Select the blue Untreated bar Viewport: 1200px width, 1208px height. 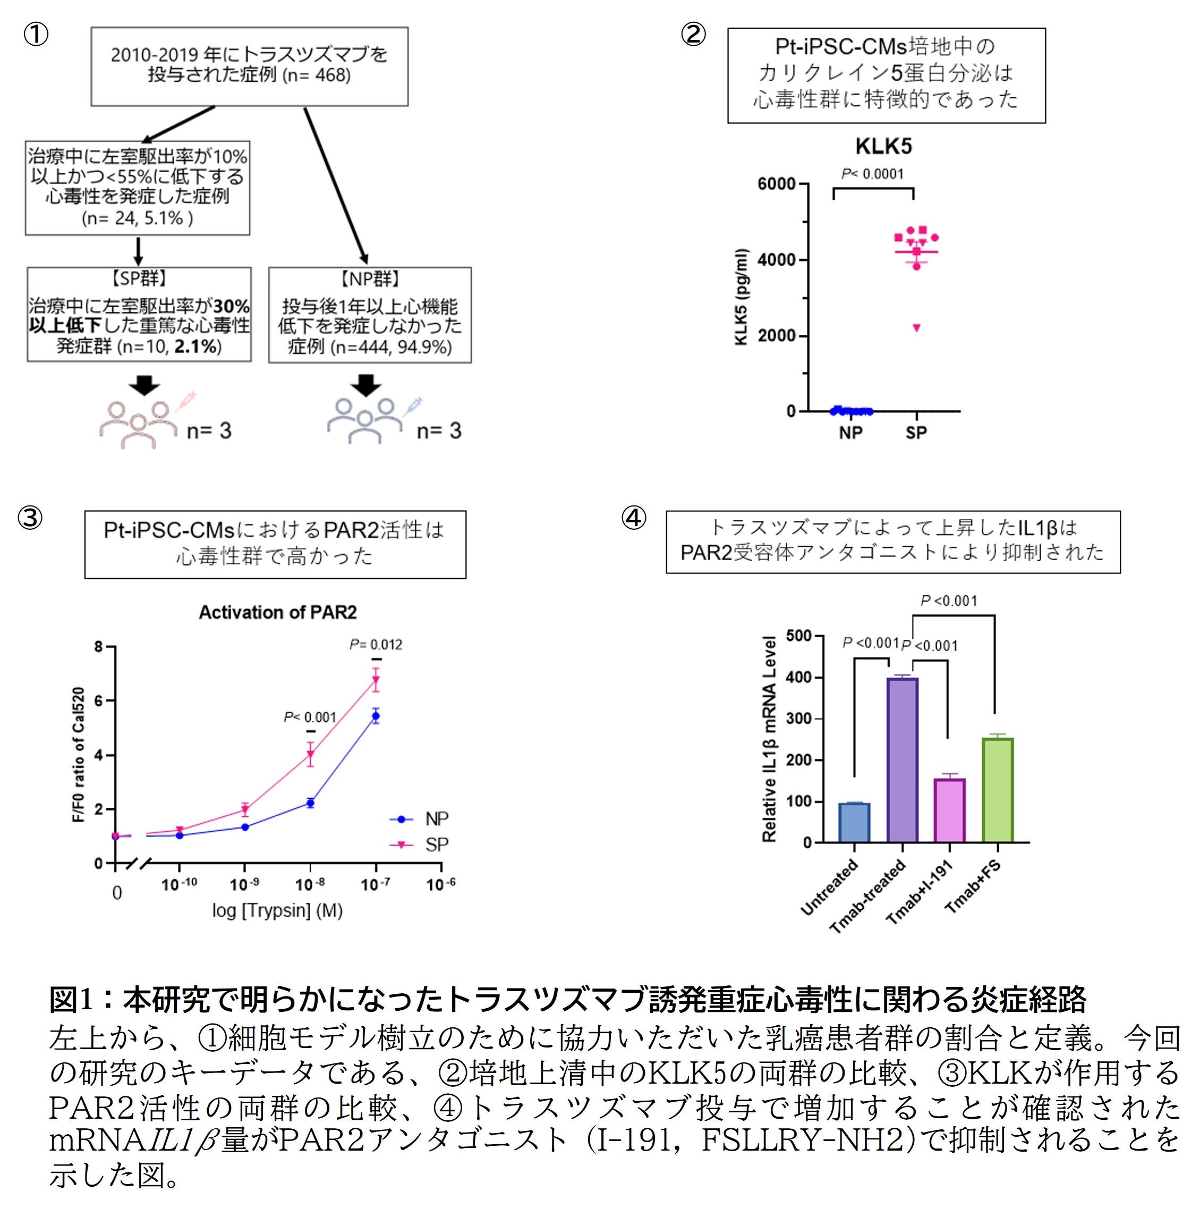tap(854, 822)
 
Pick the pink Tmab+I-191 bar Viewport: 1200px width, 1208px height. tap(949, 810)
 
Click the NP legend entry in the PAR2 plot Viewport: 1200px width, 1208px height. tap(419, 818)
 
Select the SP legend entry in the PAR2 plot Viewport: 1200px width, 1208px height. tap(419, 844)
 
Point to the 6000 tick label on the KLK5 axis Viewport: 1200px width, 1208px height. tap(776, 184)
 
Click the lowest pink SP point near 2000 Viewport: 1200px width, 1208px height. tap(917, 327)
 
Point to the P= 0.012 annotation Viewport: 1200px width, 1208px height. tap(376, 644)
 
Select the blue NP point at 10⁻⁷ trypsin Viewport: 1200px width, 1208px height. tap(376, 716)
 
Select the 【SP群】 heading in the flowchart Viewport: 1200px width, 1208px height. tap(139, 279)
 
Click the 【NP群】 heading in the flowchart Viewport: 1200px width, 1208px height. tap(370, 279)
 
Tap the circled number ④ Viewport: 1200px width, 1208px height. tap(634, 518)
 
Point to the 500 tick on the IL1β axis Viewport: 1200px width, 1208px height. tap(798, 636)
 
